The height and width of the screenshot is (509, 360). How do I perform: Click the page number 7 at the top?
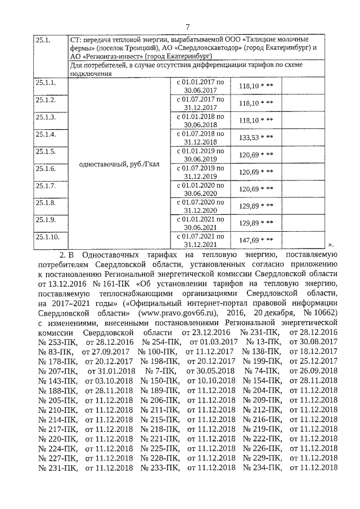click(188, 27)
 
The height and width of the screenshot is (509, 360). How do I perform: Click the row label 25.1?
click(43, 40)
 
